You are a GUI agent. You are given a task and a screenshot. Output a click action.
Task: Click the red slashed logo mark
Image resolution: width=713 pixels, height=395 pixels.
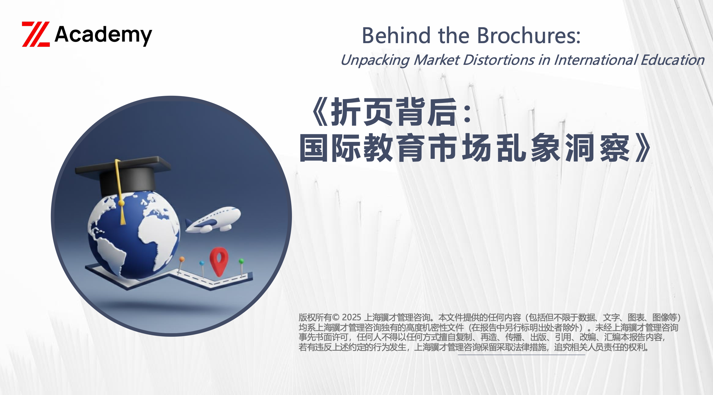click(36, 34)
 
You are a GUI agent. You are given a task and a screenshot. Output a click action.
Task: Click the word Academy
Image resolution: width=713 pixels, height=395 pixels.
click(103, 35)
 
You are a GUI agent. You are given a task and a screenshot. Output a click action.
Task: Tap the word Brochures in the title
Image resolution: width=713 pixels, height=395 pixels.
click(529, 35)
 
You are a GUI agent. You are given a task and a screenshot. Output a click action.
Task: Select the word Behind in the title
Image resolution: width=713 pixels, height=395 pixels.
click(396, 35)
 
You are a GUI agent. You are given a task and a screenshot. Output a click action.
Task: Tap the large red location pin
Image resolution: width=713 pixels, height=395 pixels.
click(219, 261)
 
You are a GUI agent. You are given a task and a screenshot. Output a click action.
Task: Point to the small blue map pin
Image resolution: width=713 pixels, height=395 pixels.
click(202, 267)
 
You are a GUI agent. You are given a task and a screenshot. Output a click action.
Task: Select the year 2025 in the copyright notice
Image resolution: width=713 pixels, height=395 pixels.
click(351, 317)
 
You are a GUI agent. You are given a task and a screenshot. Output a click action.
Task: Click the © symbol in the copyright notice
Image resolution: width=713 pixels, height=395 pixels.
click(336, 318)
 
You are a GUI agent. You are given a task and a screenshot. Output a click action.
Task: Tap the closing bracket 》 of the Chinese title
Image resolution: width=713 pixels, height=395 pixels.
click(642, 148)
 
